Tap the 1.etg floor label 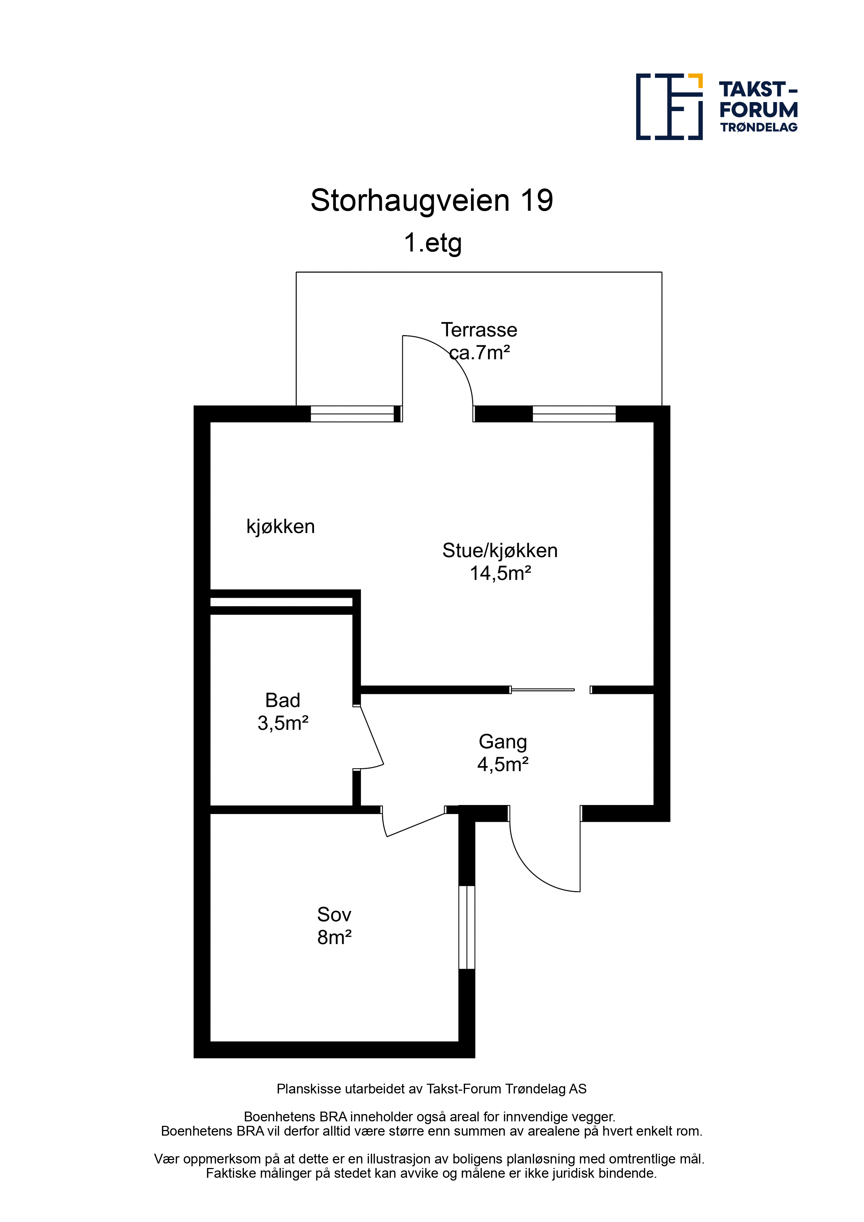(x=432, y=243)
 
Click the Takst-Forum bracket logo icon (x=669, y=107)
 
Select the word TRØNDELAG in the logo (x=758, y=127)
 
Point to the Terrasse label (x=479, y=330)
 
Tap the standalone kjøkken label (x=280, y=527)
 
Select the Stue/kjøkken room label (x=500, y=551)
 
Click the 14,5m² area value (x=500, y=573)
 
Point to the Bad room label (x=283, y=701)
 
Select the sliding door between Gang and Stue (x=542, y=690)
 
